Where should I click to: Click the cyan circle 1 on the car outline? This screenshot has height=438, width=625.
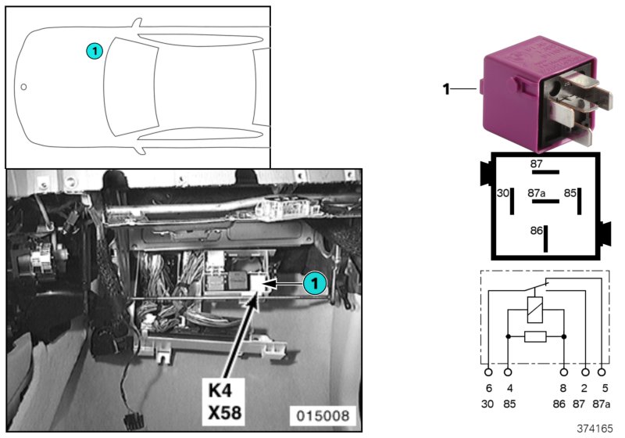pos(94,52)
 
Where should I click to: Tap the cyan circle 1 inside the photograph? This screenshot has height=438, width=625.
pos(315,284)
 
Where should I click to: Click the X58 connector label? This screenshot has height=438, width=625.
pos(227,411)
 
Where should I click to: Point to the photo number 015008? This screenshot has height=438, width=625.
pos(322,415)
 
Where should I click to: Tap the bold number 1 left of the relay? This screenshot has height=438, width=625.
pos(447,89)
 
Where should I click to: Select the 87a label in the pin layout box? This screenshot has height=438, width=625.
pos(536,192)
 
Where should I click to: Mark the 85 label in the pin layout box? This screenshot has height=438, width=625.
pos(570,192)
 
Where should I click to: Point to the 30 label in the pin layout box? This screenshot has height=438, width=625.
pos(502,192)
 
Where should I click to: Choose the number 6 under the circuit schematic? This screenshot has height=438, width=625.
pos(488,388)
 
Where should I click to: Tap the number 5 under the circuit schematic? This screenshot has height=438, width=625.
pos(604,388)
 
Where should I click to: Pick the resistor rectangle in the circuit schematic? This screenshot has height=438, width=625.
pos(536,336)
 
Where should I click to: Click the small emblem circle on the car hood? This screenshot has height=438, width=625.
pos(23,87)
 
